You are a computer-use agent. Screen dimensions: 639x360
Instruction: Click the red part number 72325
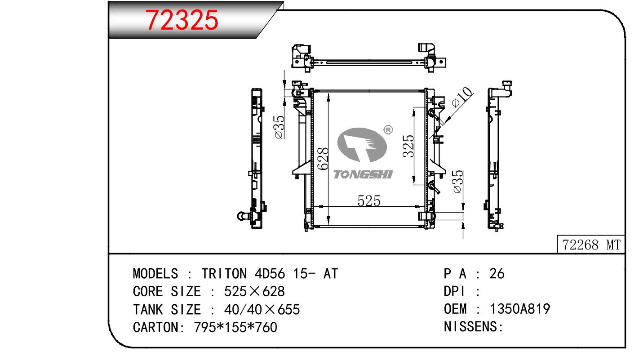182,20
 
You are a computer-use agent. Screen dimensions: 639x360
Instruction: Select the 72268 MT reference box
591,244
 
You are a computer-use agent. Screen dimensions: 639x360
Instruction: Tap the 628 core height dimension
323,159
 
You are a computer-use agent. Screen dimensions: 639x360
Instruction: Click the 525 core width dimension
369,201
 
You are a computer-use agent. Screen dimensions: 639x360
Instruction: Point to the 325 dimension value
408,146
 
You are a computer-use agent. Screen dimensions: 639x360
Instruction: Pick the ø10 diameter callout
461,97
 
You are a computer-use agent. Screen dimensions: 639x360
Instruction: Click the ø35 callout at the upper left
280,127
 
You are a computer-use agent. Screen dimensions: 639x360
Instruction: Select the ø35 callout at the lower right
457,182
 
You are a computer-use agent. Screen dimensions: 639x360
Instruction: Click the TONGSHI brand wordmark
363,174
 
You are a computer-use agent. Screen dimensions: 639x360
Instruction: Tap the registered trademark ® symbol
388,130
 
